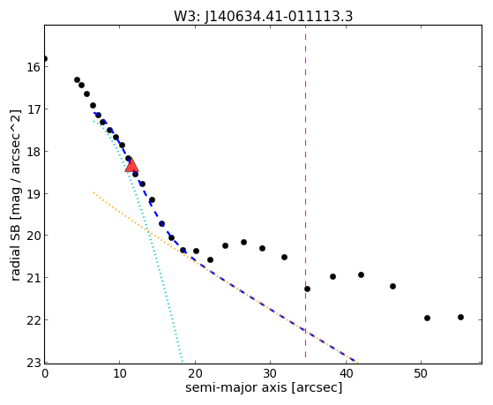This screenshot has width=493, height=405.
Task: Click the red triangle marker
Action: (x=131, y=166)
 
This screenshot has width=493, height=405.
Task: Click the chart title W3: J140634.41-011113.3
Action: (x=264, y=16)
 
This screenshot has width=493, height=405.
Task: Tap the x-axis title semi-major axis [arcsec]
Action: (x=264, y=387)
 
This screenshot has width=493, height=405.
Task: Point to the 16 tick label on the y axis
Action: (x=33, y=67)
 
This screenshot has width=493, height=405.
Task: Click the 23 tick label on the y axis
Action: (x=33, y=364)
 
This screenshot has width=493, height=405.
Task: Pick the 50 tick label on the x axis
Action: (x=421, y=373)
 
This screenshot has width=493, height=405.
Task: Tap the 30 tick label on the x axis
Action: (x=270, y=373)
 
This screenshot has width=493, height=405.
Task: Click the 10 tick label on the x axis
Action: (x=120, y=373)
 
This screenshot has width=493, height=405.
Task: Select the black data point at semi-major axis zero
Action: (x=45, y=58)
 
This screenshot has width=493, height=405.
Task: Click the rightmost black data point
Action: (x=460, y=317)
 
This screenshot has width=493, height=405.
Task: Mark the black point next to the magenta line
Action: (x=307, y=289)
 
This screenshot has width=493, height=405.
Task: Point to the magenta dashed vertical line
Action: (x=305, y=191)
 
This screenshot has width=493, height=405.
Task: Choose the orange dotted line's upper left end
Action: (x=93, y=192)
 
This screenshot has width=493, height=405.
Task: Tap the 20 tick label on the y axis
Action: (x=33, y=236)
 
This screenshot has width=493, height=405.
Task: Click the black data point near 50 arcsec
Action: (x=427, y=318)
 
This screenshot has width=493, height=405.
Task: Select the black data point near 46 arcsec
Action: (x=392, y=286)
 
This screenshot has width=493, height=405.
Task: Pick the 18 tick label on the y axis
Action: (x=33, y=152)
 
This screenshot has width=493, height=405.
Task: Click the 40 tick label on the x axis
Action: (x=346, y=373)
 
